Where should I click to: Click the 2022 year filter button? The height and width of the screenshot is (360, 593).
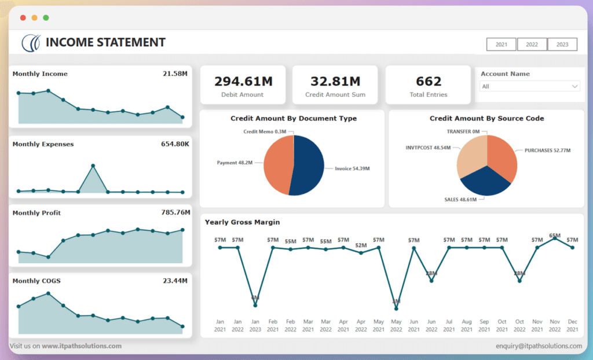(532, 45)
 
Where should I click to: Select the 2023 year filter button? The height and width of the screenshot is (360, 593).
(562, 45)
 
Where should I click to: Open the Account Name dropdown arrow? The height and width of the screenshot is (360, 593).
(574, 86)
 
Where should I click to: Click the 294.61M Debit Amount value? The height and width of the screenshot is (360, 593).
(243, 81)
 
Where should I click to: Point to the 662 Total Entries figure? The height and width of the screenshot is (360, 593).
(429, 81)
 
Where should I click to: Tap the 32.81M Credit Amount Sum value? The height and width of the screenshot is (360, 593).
(335, 81)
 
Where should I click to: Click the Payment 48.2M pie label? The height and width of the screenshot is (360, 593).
(235, 163)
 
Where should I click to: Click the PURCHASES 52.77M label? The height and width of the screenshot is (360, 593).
(547, 150)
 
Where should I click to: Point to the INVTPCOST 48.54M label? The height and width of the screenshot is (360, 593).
(428, 148)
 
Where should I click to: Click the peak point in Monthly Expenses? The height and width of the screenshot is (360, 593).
(93, 166)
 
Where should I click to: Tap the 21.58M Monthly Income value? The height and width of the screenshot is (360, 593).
(175, 74)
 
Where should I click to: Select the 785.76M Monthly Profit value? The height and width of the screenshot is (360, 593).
(175, 212)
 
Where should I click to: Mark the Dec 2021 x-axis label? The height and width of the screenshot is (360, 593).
(572, 325)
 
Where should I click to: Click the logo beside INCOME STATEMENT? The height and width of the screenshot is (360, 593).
(31, 42)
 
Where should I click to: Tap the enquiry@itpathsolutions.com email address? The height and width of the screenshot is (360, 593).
(539, 346)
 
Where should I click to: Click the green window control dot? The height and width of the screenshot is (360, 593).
(46, 18)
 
